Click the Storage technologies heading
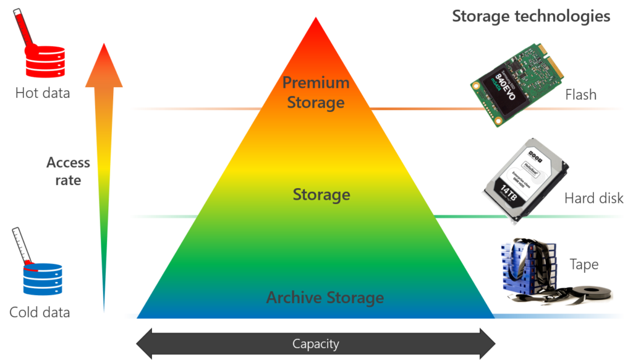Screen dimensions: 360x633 [531, 16]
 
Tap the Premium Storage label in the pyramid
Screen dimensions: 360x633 [316, 92]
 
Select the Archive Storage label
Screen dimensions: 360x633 [325, 298]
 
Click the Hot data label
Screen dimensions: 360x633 [43, 93]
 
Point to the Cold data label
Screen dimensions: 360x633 [40, 312]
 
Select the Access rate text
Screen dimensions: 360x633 [68, 171]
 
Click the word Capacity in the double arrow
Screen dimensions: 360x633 [316, 344]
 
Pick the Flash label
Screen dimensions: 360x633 [580, 95]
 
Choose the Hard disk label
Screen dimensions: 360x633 [594, 199]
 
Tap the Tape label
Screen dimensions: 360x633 [584, 265]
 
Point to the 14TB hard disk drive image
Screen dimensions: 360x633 [526, 178]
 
